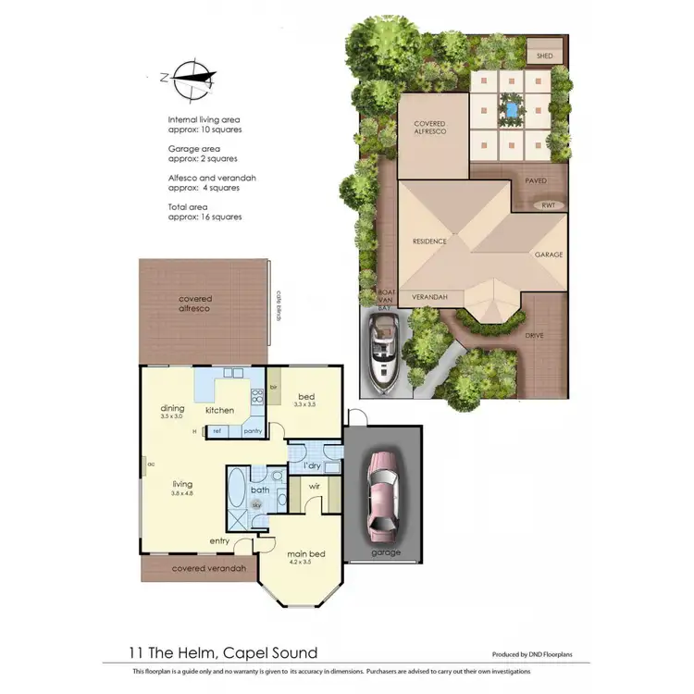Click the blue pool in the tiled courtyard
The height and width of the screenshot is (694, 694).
tap(508, 110)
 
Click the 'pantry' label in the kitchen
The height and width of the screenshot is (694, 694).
tap(252, 430)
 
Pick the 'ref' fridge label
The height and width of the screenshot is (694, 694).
tap(217, 430)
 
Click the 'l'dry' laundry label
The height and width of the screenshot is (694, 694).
tap(313, 465)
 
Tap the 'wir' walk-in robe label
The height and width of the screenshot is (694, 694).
tap(313, 485)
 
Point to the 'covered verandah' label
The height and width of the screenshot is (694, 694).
tap(209, 568)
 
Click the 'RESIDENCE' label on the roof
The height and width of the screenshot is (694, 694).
tap(429, 242)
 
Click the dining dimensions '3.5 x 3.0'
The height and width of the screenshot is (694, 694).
tap(172, 417)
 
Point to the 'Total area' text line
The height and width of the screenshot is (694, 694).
tap(188, 206)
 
